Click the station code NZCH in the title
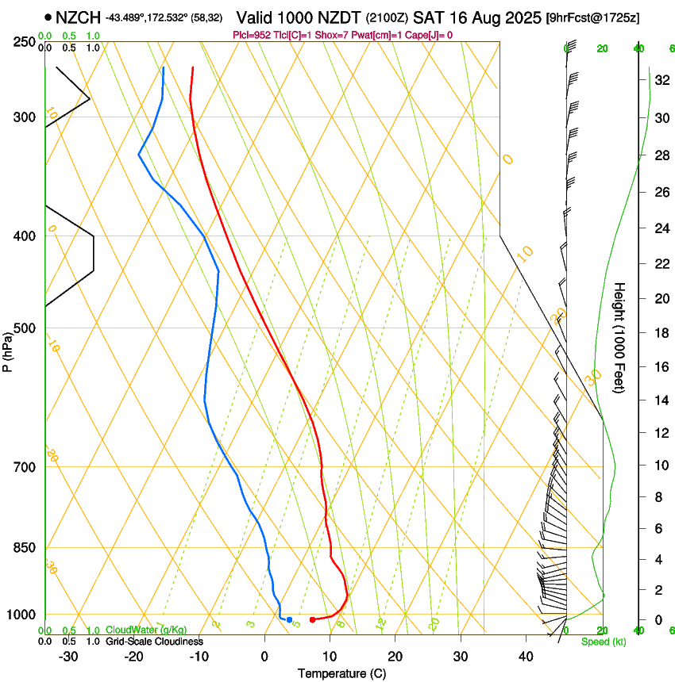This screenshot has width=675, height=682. point(78,17)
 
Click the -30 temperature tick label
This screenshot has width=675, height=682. point(68,657)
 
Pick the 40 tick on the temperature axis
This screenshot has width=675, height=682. point(525,657)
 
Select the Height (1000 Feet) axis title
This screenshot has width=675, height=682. point(619,337)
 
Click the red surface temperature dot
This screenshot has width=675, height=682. point(312,619)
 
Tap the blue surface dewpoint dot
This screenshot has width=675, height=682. point(289,619)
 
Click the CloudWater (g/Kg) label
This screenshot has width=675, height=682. point(146,630)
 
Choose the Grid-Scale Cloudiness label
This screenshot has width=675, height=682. point(153,642)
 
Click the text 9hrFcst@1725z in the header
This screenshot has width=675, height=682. point(593,17)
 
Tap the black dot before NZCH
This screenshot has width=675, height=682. point(48,17)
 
